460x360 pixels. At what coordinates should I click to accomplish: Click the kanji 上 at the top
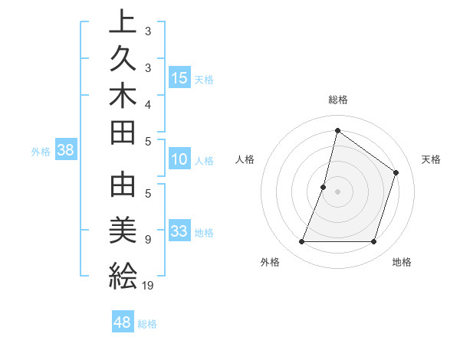123,22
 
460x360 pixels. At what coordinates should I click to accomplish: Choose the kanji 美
123,230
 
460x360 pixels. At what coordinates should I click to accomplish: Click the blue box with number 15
179,78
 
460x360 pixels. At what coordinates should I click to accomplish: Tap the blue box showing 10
179,160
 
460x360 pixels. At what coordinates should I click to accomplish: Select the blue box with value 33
179,232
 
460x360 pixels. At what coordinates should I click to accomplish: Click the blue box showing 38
65,150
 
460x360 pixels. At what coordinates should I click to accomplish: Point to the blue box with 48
122,322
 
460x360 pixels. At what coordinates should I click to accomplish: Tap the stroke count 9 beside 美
148,240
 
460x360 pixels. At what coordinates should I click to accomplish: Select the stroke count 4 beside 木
148,103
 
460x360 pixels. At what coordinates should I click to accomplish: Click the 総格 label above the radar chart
337,100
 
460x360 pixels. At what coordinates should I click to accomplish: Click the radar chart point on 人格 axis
324,187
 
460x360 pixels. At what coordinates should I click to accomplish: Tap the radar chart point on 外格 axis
301,242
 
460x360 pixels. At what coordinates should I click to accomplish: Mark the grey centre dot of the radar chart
337,191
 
